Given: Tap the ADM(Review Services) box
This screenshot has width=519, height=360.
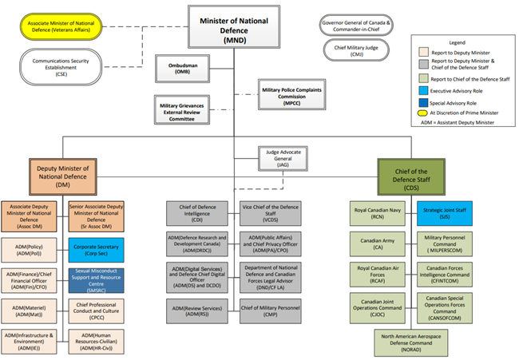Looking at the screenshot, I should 196,308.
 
